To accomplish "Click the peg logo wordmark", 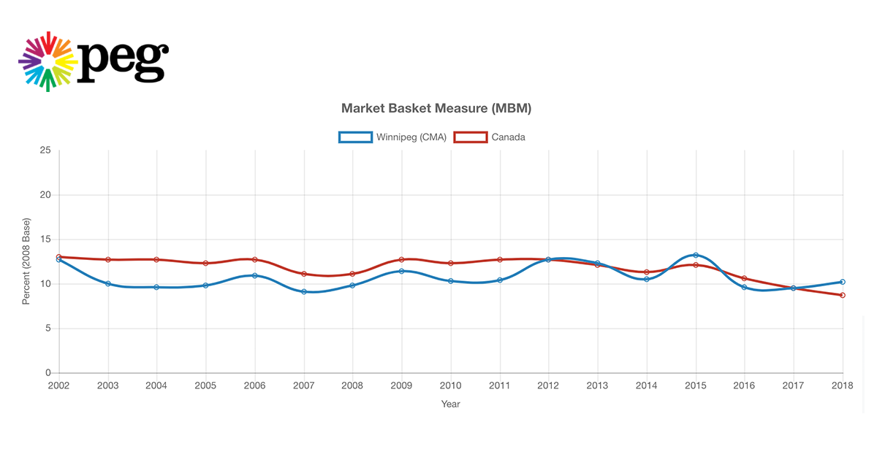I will click(x=123, y=61).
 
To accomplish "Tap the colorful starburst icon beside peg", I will click(x=48, y=61).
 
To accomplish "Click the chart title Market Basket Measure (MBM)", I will click(x=436, y=109).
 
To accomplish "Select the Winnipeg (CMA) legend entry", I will click(x=392, y=137).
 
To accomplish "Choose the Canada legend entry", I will click(x=490, y=137).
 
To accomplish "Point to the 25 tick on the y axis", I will click(x=45, y=150).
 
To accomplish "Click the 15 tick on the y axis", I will click(x=45, y=239).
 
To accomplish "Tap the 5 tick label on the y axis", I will click(x=48, y=329).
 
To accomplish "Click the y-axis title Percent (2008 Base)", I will click(x=26, y=261).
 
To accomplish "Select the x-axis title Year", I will click(x=451, y=404).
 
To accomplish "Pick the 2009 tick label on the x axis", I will click(x=401, y=385).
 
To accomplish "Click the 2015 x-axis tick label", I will click(x=695, y=385).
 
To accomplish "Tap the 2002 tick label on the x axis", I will click(x=58, y=385).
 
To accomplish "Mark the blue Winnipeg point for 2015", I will click(x=696, y=255).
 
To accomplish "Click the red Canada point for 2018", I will click(x=843, y=295).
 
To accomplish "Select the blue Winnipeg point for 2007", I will click(x=303, y=292).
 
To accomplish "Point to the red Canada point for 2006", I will click(x=254, y=259).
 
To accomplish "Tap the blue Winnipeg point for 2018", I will click(x=843, y=282).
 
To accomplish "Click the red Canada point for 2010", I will click(x=450, y=263).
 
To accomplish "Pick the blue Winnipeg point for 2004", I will click(x=156, y=287).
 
